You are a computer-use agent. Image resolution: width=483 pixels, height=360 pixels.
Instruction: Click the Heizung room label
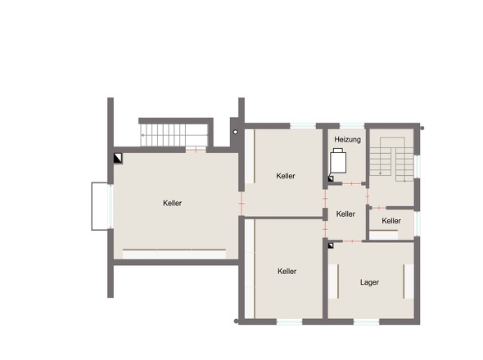click(347, 140)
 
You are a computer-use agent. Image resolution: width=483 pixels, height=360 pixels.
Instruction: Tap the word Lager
click(369, 282)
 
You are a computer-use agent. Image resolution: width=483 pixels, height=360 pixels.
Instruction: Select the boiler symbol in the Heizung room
click(338, 160)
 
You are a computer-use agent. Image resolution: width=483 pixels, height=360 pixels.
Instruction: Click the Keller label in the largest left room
click(172, 203)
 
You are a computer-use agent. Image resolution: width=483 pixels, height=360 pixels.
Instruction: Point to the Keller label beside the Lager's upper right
click(391, 221)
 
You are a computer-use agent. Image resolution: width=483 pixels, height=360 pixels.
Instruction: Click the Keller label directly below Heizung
click(345, 214)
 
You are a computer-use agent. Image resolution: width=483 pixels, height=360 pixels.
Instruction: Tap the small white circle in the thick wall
click(235, 132)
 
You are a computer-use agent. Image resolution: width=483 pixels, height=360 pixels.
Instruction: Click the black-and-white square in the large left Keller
click(118, 158)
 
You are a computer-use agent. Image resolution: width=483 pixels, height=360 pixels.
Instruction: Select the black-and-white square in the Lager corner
click(331, 245)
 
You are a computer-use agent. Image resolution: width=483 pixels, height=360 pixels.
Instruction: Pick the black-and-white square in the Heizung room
click(331, 179)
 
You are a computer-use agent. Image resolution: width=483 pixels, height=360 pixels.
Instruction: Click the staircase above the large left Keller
click(174, 135)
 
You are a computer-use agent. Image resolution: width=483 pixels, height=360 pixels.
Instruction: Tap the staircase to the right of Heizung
click(391, 160)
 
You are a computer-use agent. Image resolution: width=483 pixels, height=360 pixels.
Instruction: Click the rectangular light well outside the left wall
click(100, 206)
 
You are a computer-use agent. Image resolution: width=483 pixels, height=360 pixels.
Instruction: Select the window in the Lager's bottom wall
click(366, 322)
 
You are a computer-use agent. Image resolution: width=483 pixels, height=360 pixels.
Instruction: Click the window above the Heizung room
click(352, 126)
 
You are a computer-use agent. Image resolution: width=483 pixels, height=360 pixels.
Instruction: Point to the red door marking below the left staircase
click(196, 150)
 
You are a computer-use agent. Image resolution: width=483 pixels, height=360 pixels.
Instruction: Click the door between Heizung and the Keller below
click(352, 184)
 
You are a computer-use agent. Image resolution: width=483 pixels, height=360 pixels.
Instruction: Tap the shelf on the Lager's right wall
click(409, 281)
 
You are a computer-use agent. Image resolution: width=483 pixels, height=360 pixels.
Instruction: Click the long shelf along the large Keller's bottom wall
click(174, 254)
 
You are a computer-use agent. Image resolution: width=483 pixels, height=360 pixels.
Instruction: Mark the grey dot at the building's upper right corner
click(422, 128)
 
